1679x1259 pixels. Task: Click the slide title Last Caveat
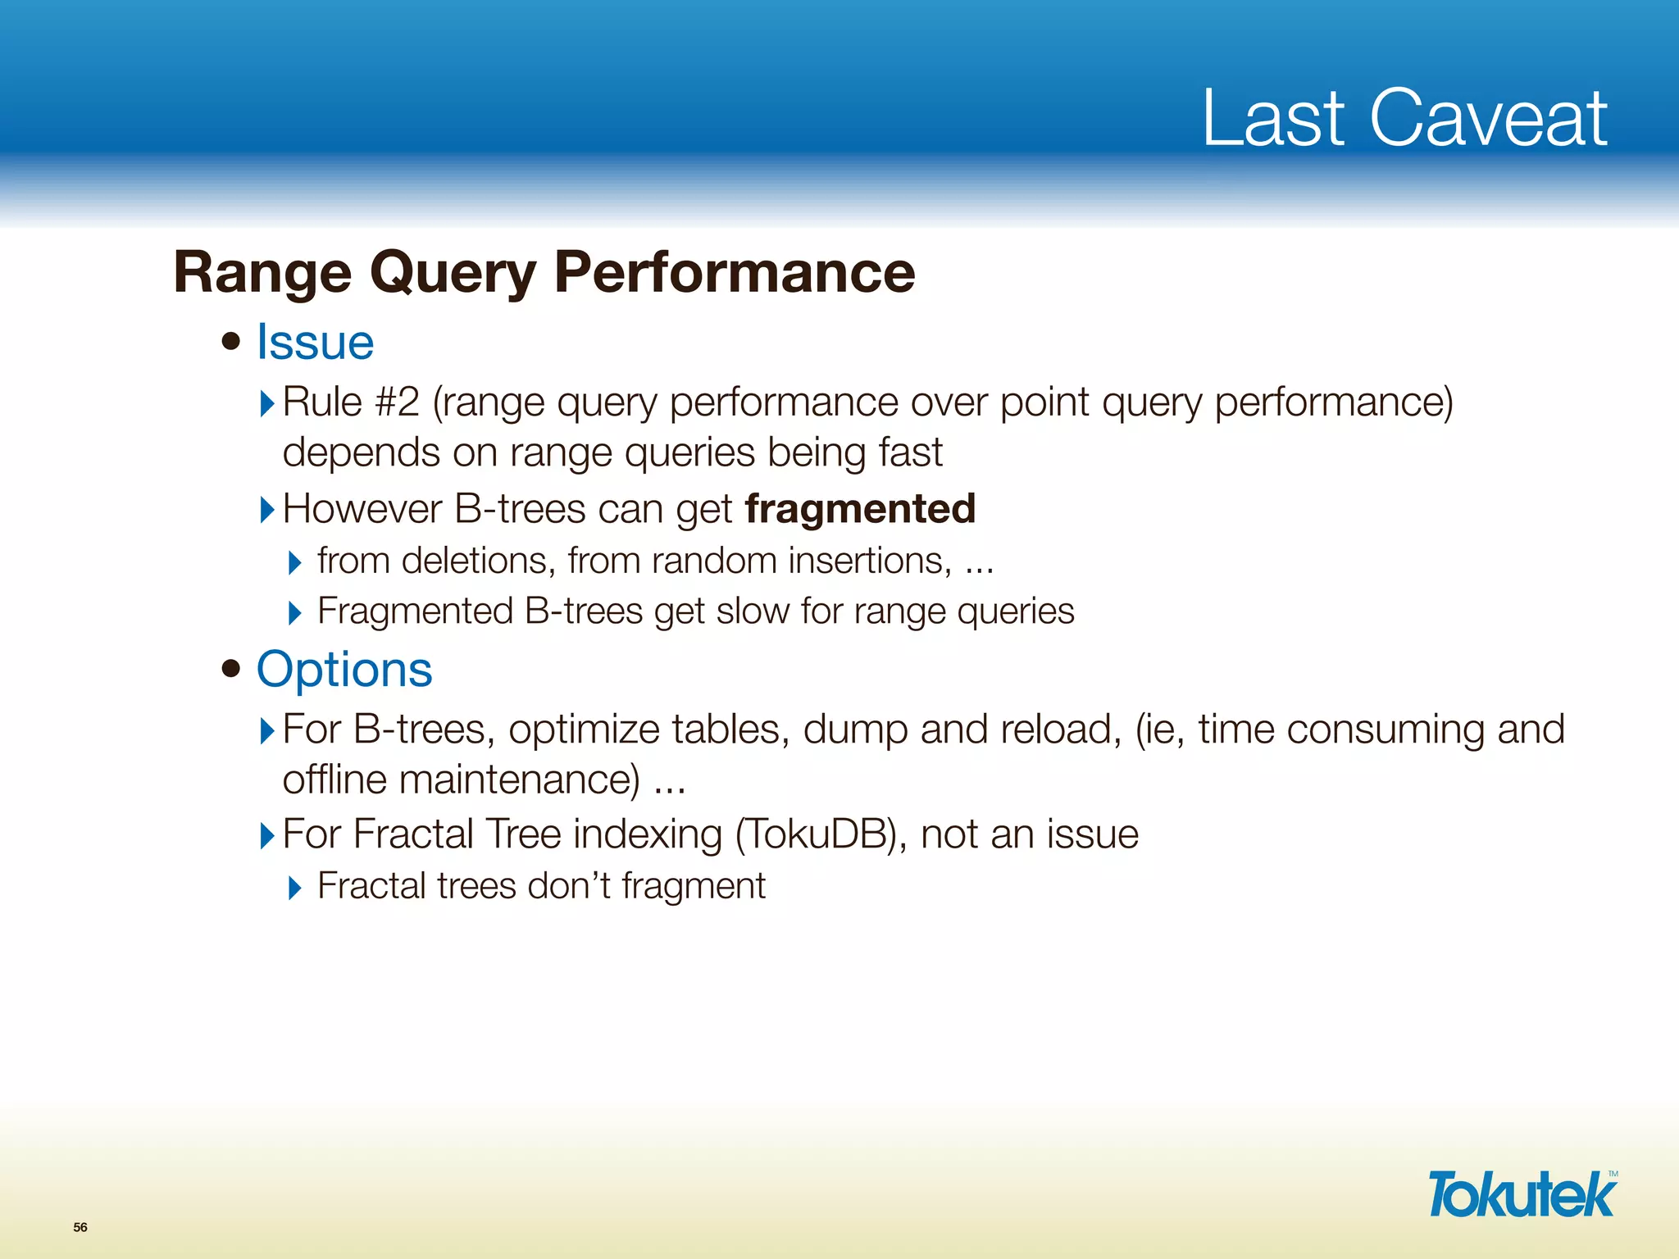pyautogui.click(x=1404, y=118)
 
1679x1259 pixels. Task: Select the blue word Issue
pyautogui.click(x=315, y=342)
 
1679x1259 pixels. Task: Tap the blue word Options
pyautogui.click(x=344, y=670)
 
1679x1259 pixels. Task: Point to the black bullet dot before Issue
pyautogui.click(x=231, y=340)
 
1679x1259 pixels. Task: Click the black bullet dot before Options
pyautogui.click(x=231, y=668)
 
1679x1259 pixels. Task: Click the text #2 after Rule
pyautogui.click(x=398, y=402)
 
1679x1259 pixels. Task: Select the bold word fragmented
pyautogui.click(x=860, y=508)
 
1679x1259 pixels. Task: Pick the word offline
pyautogui.click(x=334, y=779)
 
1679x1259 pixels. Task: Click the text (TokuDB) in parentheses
pyautogui.click(x=821, y=834)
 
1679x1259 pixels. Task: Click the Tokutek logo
pyautogui.click(x=1522, y=1194)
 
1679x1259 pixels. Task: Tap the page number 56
pyautogui.click(x=80, y=1227)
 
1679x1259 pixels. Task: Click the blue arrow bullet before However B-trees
pyautogui.click(x=266, y=510)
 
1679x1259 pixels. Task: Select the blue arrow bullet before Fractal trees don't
pyautogui.click(x=295, y=888)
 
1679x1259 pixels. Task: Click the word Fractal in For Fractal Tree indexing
pyautogui.click(x=413, y=834)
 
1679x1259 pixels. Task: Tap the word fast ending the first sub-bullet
pyautogui.click(x=910, y=452)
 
